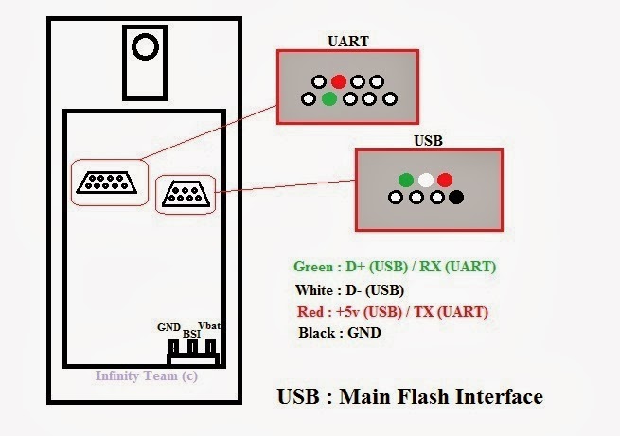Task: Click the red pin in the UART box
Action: pos(339,81)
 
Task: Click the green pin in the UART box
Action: pos(329,98)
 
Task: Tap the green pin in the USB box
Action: pos(406,180)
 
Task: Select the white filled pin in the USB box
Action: pos(426,180)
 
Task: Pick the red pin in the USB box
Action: pos(445,180)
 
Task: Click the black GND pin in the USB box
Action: pos(456,197)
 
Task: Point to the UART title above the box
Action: pos(348,41)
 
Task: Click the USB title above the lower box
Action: pos(428,141)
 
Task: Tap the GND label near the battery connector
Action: pos(168,327)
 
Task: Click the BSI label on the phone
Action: pos(191,334)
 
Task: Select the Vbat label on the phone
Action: pos(209,325)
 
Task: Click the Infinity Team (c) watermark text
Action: pos(147,375)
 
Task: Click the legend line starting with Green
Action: pos(395,267)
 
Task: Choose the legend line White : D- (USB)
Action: pos(349,290)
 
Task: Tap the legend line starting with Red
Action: pos(393,312)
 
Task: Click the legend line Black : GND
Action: pos(340,333)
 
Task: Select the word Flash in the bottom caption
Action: pos(424,396)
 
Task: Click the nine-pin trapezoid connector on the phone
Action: pos(106,183)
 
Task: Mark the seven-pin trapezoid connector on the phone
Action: pos(186,194)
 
